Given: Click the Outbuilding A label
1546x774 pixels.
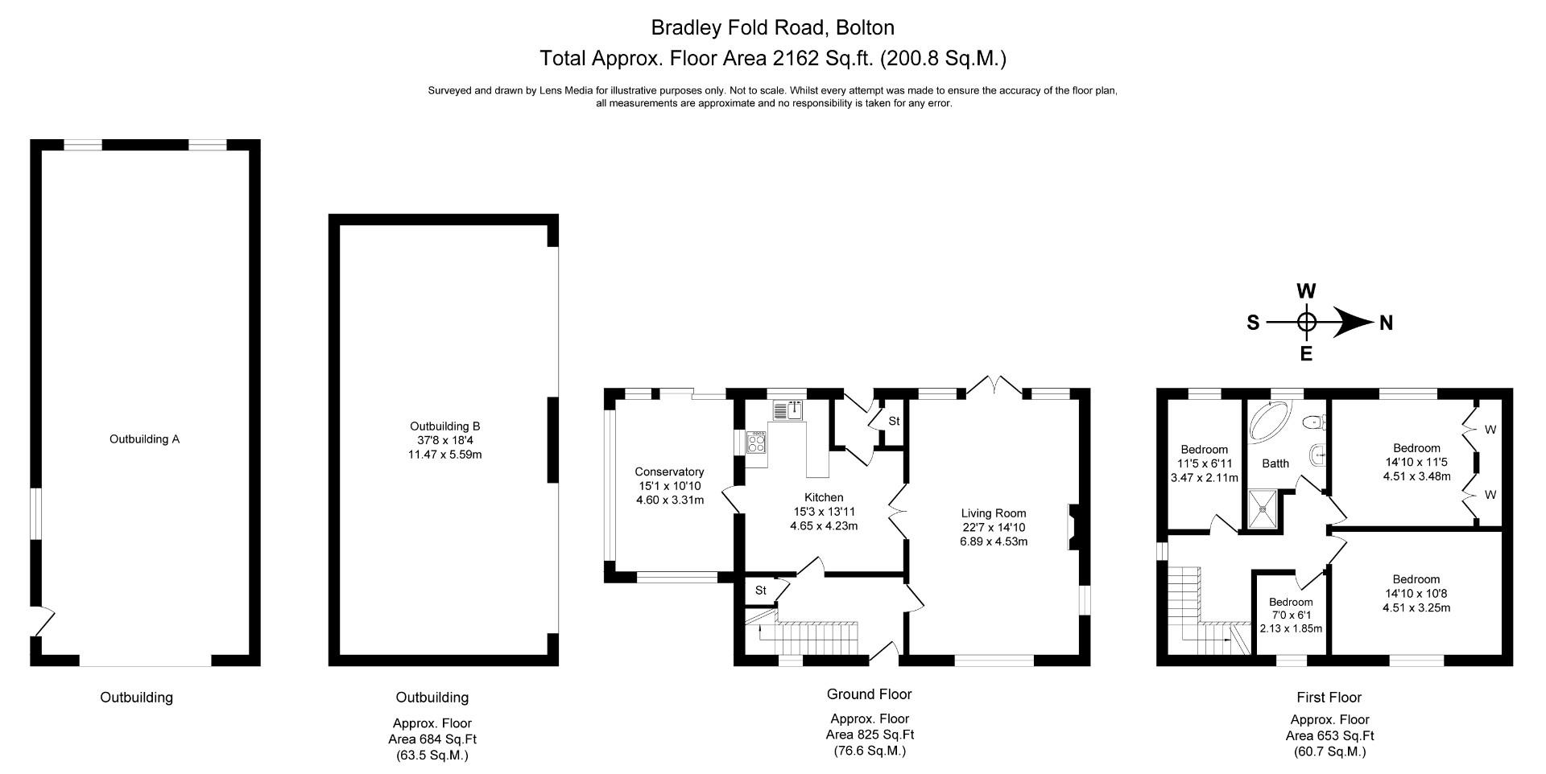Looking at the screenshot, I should click(144, 439).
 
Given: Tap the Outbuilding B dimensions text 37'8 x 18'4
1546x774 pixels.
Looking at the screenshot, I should click(444, 441).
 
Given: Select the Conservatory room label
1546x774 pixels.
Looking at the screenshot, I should click(669, 472).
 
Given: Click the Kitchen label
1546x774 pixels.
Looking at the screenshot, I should click(824, 498).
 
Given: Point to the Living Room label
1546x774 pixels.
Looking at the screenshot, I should click(994, 513).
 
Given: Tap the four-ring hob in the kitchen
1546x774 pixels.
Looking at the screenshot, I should click(757, 442).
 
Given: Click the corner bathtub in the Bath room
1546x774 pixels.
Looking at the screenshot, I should click(1267, 421).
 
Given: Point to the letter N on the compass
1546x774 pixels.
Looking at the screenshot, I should click(1386, 323).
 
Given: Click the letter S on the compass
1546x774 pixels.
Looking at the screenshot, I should click(1253, 323).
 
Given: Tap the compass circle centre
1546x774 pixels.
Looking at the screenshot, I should click(1306, 323).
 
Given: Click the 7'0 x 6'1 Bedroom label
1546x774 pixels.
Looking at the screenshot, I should click(1291, 603).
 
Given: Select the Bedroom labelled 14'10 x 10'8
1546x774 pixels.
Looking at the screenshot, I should click(1416, 579).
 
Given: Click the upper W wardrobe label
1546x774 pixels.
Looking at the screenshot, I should click(1490, 430).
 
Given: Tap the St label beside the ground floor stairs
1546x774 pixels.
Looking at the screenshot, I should click(760, 591).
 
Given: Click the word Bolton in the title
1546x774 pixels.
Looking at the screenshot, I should click(865, 28).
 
